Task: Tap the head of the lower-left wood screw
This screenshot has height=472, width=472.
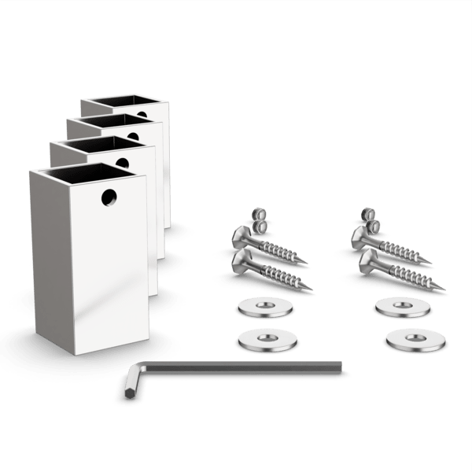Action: pos(241,260)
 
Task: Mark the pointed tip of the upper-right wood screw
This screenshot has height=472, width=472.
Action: pos(430,264)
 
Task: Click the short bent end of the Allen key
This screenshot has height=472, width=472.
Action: pos(128,385)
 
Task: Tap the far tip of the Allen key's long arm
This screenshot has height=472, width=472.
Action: pos(341,363)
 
